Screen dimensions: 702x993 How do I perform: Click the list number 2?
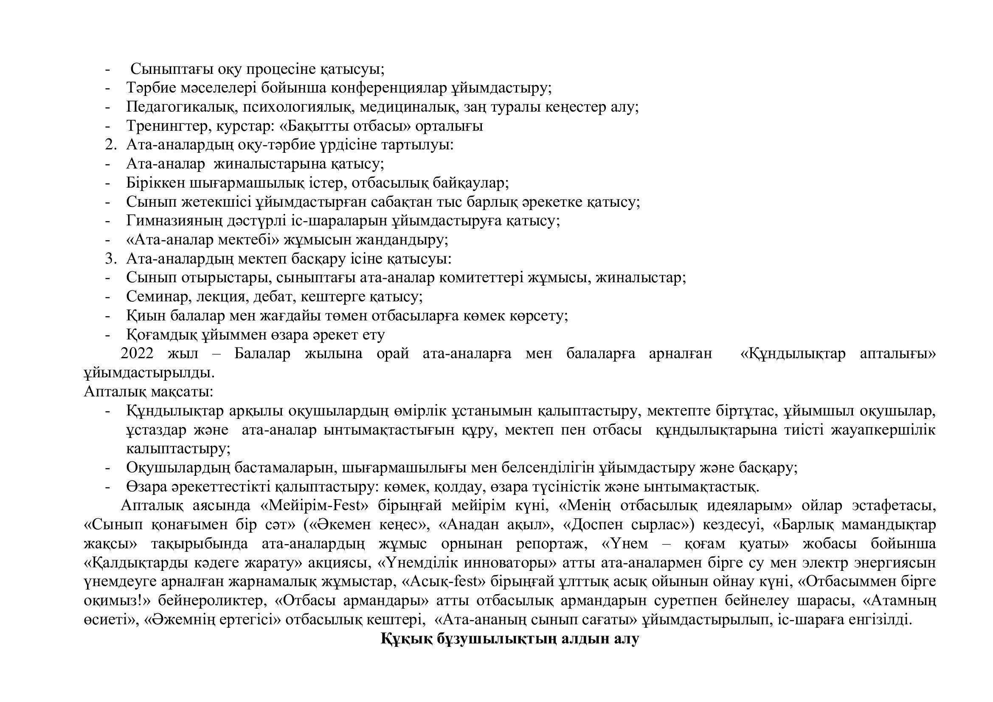point(110,145)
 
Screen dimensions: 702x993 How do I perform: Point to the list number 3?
point(110,259)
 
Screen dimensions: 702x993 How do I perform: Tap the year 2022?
point(137,354)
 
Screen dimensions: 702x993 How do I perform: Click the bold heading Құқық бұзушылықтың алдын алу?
point(509,639)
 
